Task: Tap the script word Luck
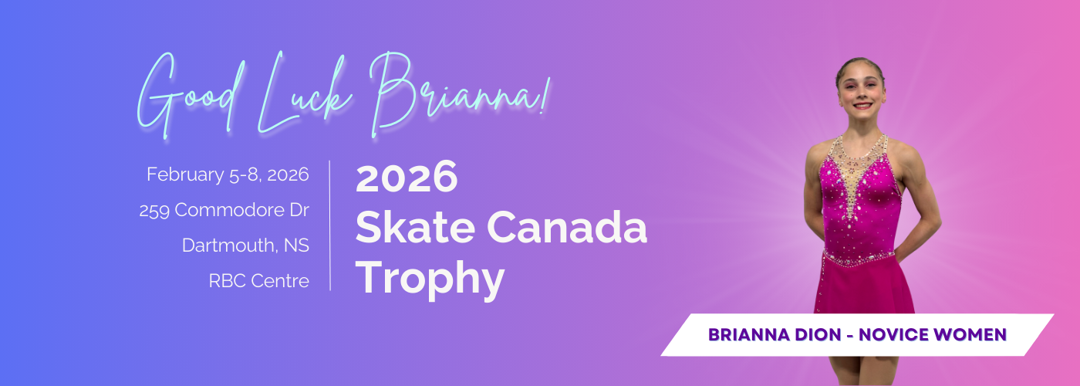(305, 92)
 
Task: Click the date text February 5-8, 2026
(228, 174)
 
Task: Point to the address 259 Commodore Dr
(224, 210)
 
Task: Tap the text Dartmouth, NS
(245, 245)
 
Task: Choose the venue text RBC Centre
(259, 281)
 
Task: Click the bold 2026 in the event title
(407, 178)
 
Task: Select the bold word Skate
(415, 227)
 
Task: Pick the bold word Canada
(567, 227)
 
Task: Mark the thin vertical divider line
(330, 225)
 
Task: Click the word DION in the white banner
(818, 335)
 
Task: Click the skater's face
(862, 93)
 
